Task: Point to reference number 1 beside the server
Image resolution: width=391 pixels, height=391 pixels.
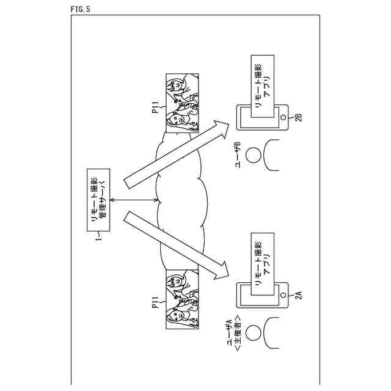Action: (98, 241)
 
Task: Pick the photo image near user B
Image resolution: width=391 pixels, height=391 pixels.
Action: (182, 104)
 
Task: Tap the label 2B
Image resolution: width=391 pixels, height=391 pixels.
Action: (298, 118)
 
